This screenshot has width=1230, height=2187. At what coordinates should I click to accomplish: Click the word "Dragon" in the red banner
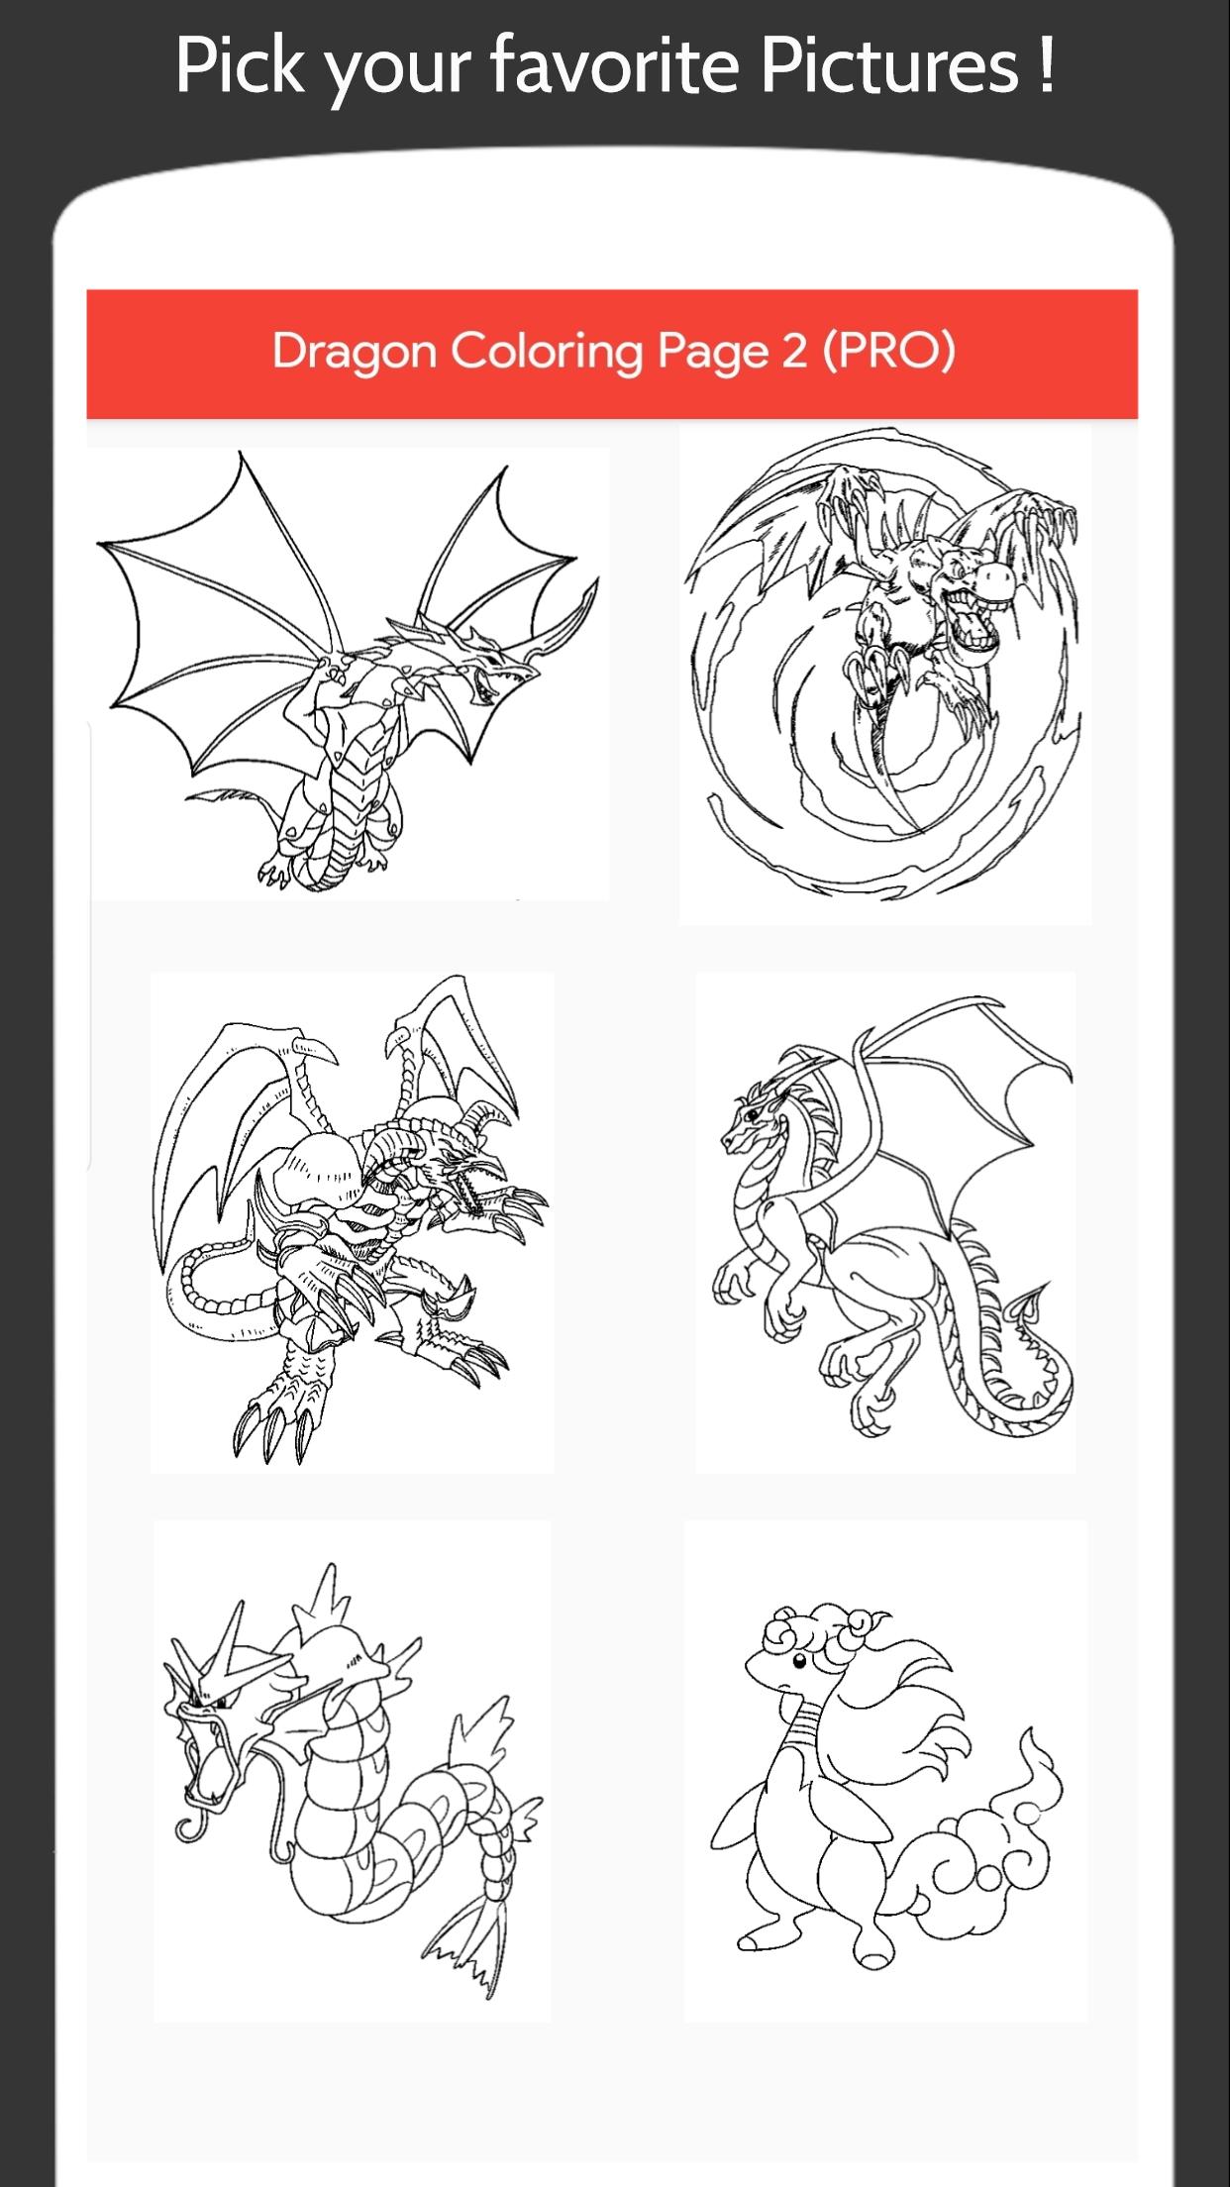pos(354,352)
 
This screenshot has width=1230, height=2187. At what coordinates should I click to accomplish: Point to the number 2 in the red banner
pos(794,351)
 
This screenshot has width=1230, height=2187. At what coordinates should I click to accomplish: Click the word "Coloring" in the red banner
pos(547,352)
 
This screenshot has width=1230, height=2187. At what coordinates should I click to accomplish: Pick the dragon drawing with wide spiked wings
pos(349,674)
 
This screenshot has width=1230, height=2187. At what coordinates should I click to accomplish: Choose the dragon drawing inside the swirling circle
pos(884,662)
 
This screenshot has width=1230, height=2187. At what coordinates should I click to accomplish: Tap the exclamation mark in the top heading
pos(1046,63)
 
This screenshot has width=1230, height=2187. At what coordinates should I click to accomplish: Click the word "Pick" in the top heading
pos(240,63)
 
